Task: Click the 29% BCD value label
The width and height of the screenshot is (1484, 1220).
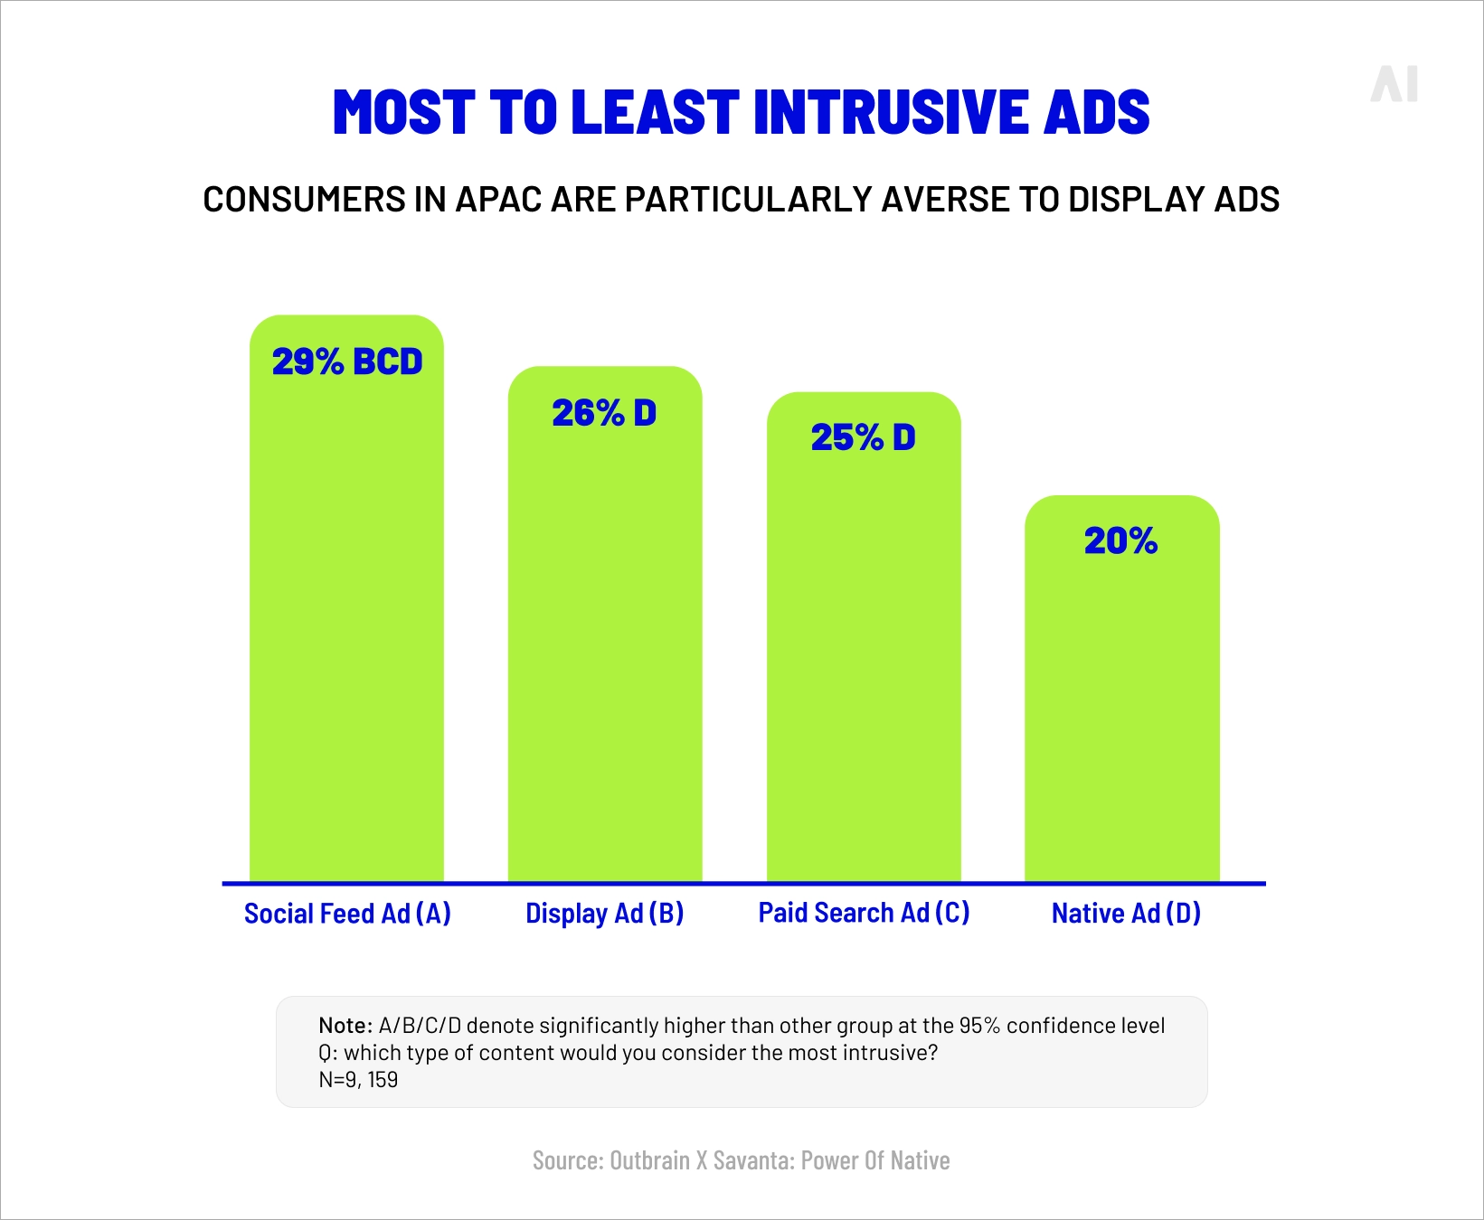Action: point(347,362)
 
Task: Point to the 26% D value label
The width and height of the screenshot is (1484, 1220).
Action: point(604,414)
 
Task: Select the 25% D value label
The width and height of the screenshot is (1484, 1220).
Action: point(863,438)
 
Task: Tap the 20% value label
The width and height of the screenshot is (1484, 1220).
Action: point(1120,541)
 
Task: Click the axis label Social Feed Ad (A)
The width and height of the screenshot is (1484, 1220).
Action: point(347,914)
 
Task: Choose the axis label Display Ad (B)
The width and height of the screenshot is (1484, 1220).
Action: point(604,914)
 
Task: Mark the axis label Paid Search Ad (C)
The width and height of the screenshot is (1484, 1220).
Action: point(864,913)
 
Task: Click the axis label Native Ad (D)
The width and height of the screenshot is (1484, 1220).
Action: point(1126,914)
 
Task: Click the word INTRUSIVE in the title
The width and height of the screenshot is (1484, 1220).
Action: point(890,113)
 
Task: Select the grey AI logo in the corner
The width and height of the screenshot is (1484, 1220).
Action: point(1394,84)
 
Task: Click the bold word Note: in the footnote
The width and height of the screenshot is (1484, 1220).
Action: point(345,1026)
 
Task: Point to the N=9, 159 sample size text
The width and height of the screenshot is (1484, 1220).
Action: point(358,1080)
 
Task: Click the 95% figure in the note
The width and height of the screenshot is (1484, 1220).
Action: point(979,1026)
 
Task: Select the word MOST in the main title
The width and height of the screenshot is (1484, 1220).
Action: point(403,113)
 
